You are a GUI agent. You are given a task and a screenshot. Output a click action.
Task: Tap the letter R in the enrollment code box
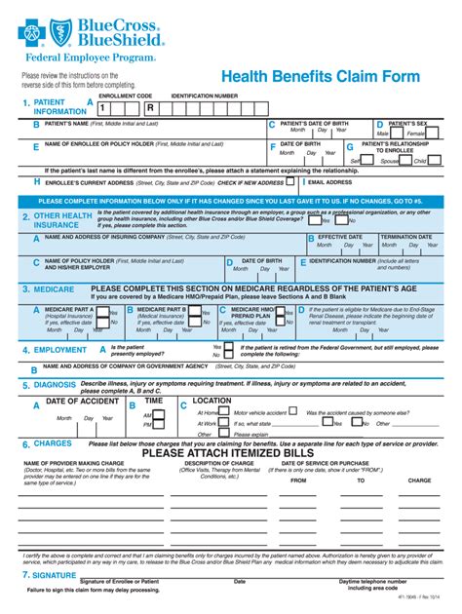pos(150,108)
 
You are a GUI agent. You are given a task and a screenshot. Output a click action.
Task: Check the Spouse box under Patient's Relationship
pos(401,161)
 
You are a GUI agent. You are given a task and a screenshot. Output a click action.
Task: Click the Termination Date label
pos(405,237)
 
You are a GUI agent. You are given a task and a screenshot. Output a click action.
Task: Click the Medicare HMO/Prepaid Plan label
pos(250,312)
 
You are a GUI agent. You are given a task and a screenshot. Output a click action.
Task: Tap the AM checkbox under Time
pos(158,414)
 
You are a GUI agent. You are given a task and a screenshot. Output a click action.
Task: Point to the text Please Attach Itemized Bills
pos(230,452)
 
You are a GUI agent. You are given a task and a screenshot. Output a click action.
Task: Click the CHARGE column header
pos(419,480)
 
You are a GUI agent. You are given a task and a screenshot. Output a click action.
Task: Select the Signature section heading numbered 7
pos(61,575)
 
